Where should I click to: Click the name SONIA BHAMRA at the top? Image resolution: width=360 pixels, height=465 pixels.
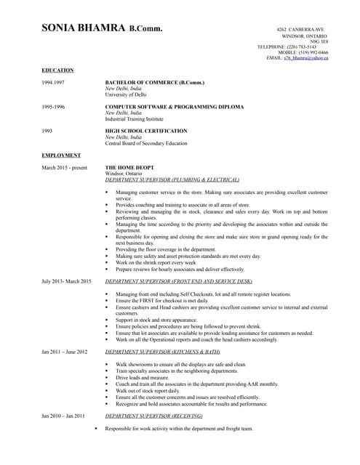point(83,29)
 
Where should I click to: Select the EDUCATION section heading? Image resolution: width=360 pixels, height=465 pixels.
point(57,70)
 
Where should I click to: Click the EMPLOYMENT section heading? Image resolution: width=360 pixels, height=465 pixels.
point(61,155)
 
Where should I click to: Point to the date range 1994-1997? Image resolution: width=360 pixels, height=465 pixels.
point(54,83)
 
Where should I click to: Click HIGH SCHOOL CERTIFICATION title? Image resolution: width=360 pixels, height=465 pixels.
point(146,131)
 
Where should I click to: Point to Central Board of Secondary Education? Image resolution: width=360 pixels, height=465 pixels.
point(146,143)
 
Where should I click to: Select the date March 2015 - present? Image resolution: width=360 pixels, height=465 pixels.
point(64,168)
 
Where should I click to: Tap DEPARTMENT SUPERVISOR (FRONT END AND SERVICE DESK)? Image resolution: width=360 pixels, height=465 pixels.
point(179,280)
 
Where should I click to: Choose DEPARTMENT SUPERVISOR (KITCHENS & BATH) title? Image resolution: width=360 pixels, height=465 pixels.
point(162,352)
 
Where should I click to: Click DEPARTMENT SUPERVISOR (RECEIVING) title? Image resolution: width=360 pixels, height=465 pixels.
point(153,416)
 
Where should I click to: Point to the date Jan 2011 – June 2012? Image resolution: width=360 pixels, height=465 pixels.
point(65,352)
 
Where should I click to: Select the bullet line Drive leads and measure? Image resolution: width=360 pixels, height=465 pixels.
point(142,378)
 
